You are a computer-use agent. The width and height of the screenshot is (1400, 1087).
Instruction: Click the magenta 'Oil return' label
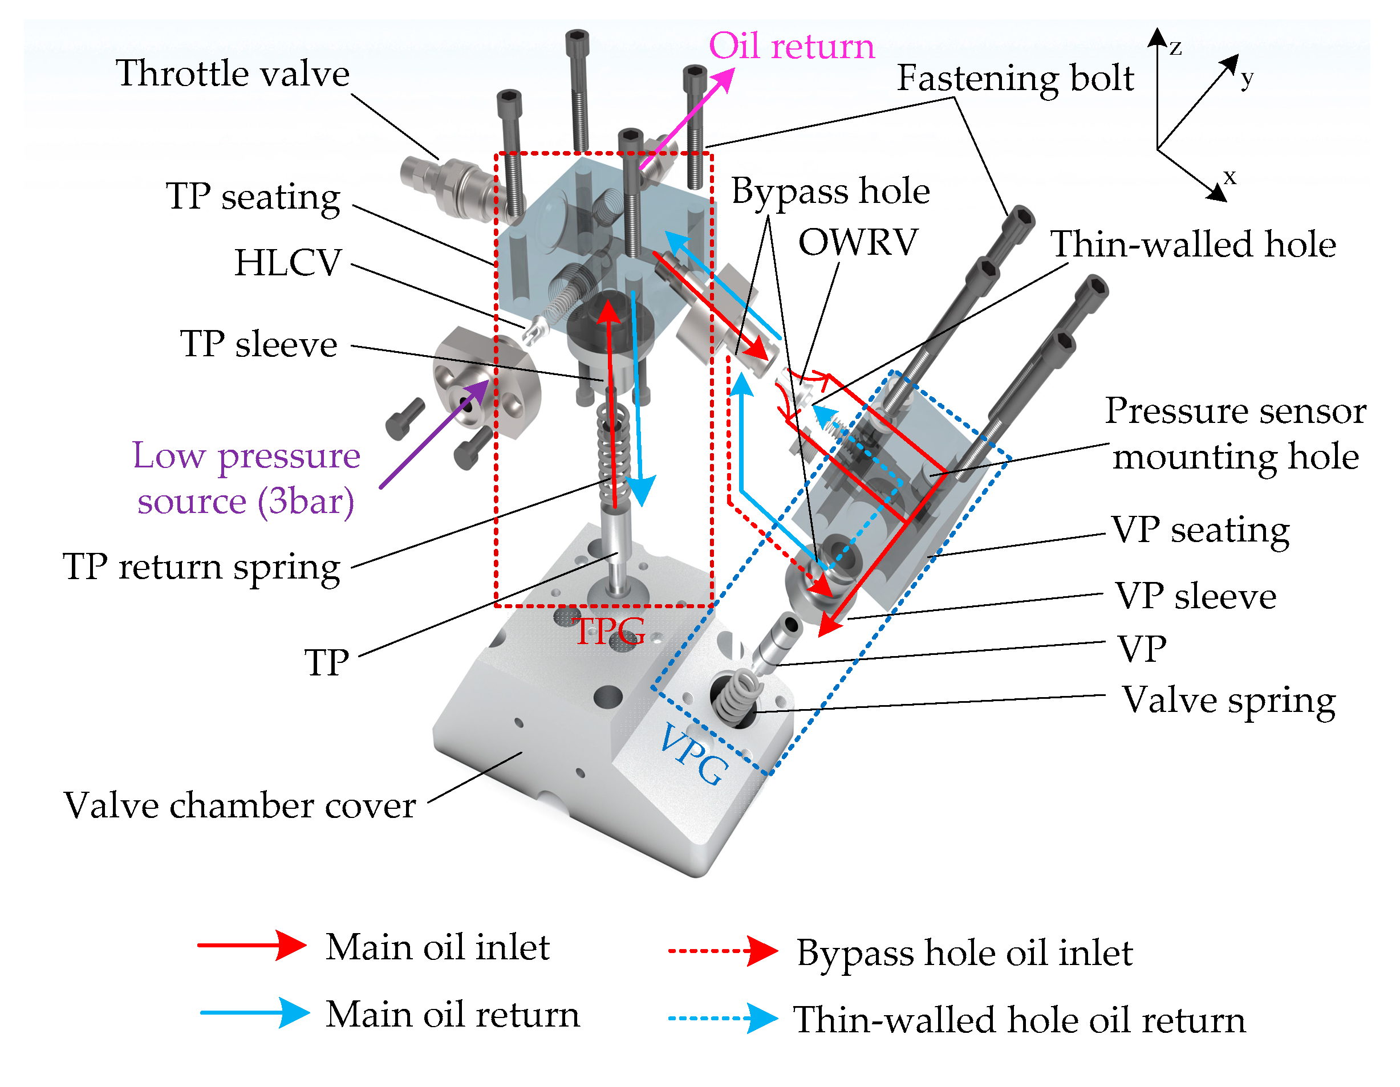(791, 46)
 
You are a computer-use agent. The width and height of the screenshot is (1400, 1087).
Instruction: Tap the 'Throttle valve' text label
(233, 74)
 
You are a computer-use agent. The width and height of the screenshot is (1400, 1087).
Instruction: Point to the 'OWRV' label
(858, 242)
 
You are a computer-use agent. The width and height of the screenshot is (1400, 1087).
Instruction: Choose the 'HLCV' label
(288, 263)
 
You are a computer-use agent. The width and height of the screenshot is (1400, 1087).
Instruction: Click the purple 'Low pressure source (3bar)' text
(246, 478)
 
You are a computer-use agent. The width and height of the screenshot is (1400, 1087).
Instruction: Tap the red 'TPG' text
(609, 632)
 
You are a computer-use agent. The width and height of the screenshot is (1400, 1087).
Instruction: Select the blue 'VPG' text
(693, 754)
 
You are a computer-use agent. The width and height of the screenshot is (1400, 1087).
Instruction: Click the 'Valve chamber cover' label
(240, 805)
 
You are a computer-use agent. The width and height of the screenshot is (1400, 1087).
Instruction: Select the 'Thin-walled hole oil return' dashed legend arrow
(723, 1019)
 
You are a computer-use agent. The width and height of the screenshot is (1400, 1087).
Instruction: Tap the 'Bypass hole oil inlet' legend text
(965, 953)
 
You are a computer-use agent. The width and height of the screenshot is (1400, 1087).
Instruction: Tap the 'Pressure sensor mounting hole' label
(1235, 434)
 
